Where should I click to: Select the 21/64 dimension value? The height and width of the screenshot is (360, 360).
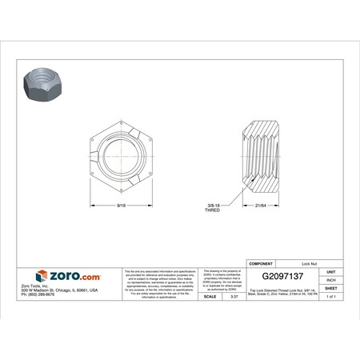(x=261, y=206)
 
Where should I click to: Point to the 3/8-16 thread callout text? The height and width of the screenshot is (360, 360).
(x=213, y=206)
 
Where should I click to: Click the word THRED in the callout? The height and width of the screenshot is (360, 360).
(x=213, y=211)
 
